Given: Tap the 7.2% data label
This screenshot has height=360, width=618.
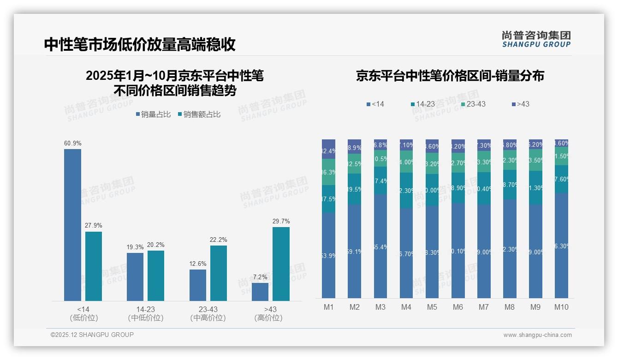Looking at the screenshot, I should (x=260, y=277).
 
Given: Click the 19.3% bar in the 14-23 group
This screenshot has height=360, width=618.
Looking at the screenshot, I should (x=135, y=276).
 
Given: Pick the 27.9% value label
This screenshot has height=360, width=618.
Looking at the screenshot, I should (x=94, y=225).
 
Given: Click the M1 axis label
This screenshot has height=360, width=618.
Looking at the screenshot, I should (x=328, y=307).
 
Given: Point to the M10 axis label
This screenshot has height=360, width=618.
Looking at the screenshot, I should (x=561, y=307).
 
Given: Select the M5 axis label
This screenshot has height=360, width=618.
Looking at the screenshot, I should (x=432, y=307).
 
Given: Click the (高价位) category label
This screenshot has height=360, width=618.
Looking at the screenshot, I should (x=268, y=318).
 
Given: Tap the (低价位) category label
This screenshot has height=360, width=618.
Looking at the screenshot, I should (x=84, y=318).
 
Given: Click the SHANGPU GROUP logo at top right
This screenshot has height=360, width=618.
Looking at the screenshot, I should (x=536, y=39).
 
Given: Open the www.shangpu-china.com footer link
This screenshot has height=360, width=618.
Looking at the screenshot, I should (x=537, y=335).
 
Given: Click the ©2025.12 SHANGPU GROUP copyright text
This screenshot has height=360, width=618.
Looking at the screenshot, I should (x=92, y=335).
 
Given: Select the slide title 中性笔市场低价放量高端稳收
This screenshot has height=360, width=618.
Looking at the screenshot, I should (x=140, y=44).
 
